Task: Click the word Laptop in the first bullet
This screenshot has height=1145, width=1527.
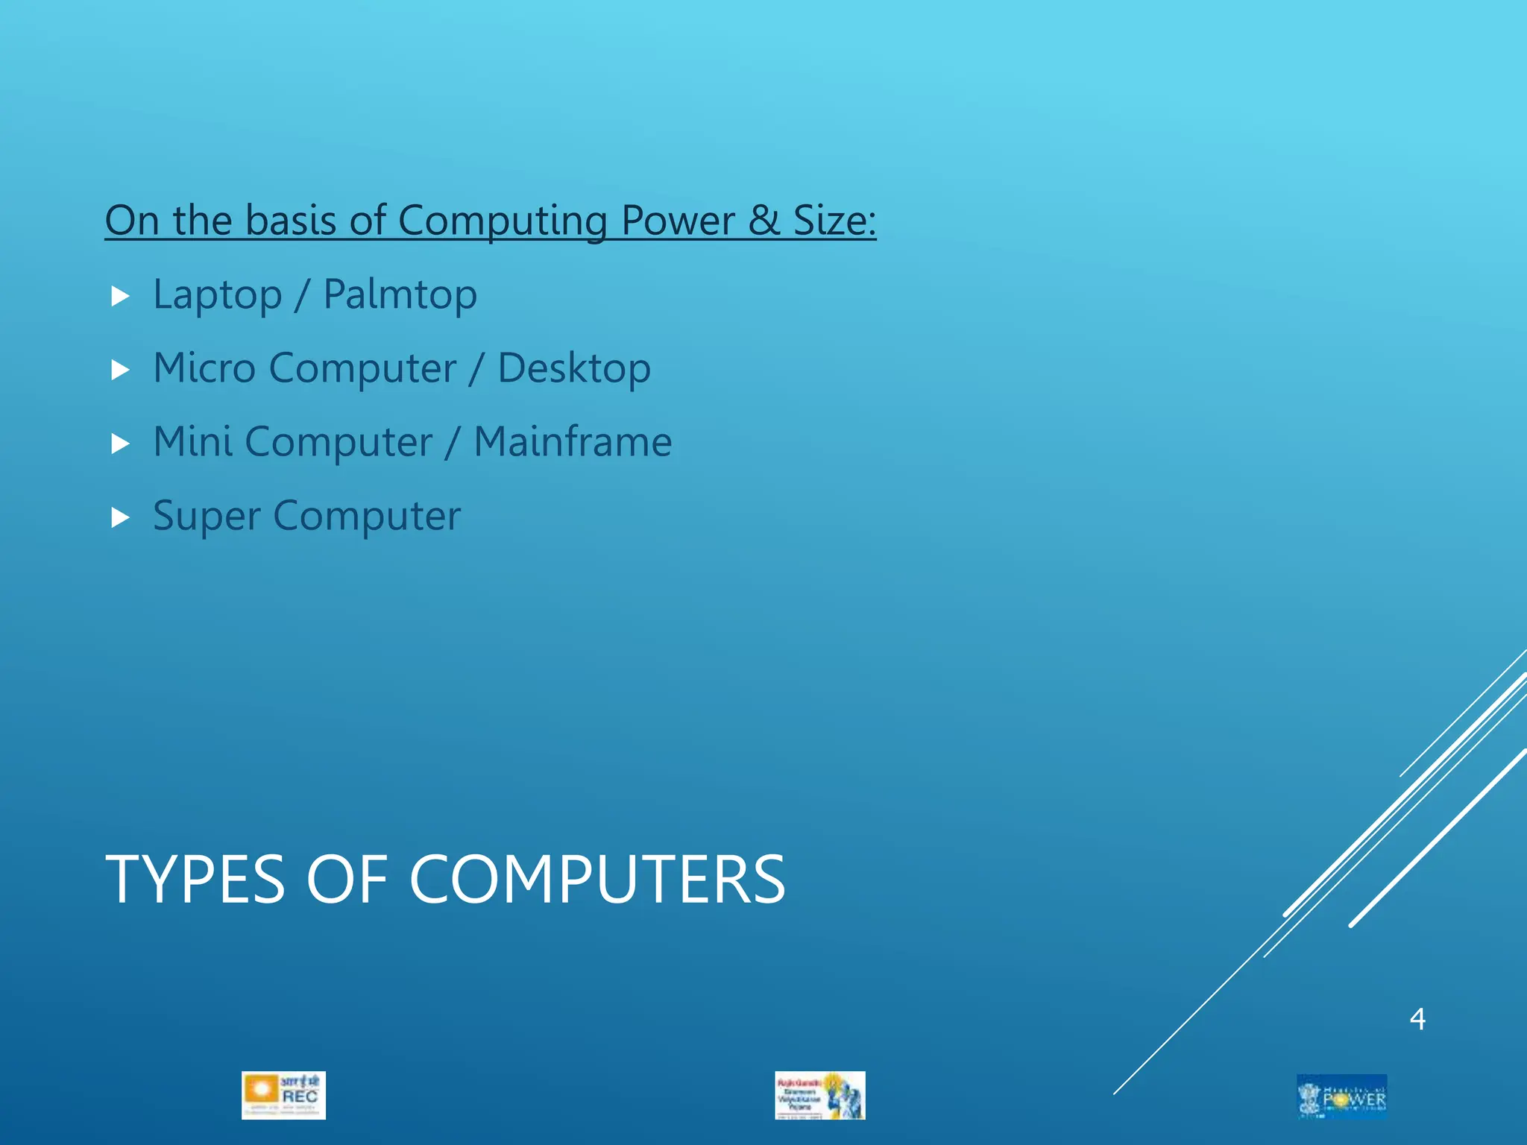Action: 217,295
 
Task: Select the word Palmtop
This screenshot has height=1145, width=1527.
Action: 400,295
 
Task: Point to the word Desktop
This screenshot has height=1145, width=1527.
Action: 573,369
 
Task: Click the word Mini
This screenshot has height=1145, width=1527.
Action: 192,442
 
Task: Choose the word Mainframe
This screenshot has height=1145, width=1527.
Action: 573,442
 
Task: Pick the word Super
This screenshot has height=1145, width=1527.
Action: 207,517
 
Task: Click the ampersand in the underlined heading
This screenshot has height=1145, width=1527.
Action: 763,221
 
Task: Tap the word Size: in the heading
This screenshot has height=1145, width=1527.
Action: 834,221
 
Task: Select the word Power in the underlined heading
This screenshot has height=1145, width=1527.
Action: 678,221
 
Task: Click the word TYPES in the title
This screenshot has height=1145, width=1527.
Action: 195,880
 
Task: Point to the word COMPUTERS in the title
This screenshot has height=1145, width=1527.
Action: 597,880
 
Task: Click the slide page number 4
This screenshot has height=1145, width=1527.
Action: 1417,1019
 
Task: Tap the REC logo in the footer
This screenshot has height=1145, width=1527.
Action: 283,1095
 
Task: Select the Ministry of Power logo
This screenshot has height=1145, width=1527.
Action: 1341,1096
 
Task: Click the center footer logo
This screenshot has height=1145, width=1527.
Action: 819,1095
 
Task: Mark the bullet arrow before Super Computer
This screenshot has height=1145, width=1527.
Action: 120,517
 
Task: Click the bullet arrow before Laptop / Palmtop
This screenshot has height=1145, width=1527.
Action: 120,296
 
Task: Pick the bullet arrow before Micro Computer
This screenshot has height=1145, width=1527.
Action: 120,370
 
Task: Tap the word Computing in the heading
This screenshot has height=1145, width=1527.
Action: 503,221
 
